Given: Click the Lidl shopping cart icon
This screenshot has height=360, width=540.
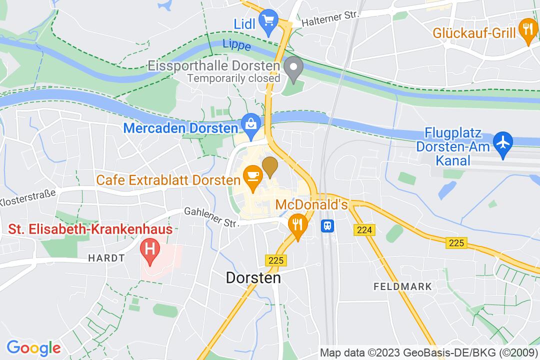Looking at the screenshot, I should click(269, 21).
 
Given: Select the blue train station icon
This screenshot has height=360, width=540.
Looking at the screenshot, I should click(328, 225).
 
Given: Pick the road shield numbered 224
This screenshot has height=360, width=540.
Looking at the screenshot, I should click(364, 230).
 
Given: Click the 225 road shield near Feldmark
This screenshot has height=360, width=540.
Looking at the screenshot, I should click(456, 243).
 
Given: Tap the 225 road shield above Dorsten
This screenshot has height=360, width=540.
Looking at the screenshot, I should click(275, 260).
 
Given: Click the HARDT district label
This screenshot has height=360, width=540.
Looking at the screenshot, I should click(106, 258).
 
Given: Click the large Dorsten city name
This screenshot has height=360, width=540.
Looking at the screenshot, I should click(253, 277).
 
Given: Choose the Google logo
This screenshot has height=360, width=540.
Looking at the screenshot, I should click(33, 347).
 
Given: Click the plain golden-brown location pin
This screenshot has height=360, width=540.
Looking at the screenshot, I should click(270, 166).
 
